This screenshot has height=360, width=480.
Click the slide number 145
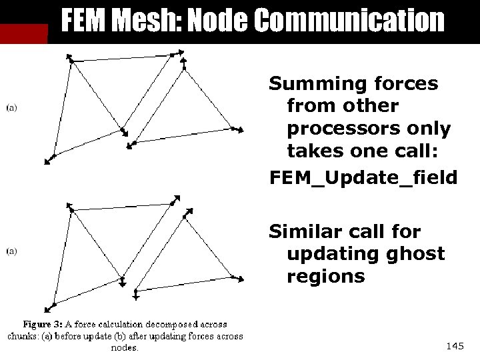pos(455,345)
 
